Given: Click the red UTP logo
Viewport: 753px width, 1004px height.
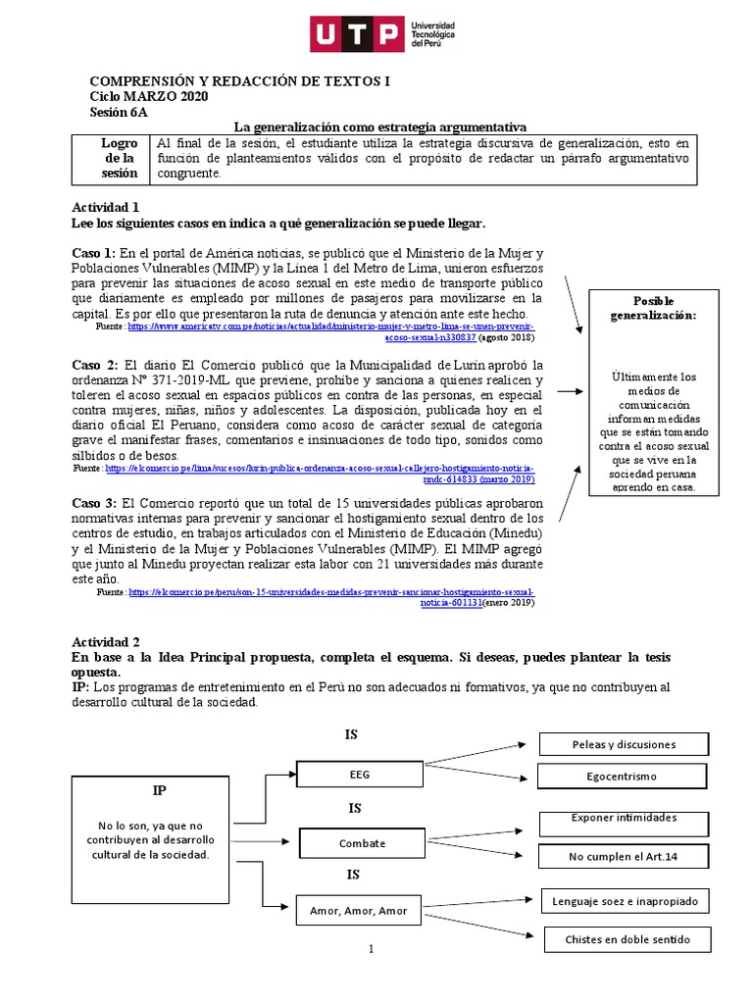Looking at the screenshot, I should tap(356, 34).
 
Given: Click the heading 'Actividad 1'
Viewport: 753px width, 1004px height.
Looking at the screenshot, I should tap(108, 207).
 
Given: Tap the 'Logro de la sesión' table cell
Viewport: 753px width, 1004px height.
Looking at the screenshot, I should tap(120, 158).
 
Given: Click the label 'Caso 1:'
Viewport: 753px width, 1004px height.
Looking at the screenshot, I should tap(94, 253).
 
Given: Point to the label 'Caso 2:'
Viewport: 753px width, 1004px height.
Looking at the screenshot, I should tap(95, 365).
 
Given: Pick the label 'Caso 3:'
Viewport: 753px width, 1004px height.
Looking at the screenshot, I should tap(95, 503).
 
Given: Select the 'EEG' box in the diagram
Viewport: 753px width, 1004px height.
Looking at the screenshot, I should tap(360, 774).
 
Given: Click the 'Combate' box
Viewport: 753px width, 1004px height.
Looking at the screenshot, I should tap(362, 843).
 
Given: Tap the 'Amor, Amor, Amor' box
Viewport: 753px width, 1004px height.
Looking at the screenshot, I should tap(359, 911).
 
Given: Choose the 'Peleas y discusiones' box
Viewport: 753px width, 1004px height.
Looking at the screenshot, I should tap(637, 744).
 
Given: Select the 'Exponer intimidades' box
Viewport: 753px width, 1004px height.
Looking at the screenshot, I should tap(637, 819).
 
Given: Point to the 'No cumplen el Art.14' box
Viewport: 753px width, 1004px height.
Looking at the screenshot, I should tap(637, 857).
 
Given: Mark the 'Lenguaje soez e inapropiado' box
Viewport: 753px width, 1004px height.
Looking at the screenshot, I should tap(638, 900).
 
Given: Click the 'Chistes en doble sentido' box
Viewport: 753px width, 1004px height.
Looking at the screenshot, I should tap(640, 939).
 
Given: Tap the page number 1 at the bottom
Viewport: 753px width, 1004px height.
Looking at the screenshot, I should tap(372, 948).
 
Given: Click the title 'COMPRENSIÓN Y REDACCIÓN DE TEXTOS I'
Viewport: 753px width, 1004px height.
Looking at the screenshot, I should tap(239, 81).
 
